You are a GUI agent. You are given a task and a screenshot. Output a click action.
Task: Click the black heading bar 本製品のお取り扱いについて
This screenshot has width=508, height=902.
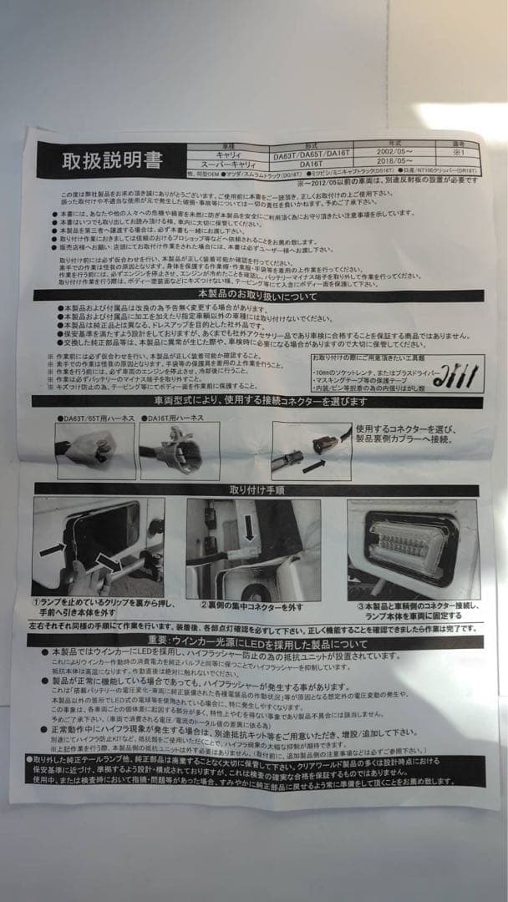257,296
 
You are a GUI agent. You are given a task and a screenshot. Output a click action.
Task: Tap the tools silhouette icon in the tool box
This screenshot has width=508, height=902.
455,376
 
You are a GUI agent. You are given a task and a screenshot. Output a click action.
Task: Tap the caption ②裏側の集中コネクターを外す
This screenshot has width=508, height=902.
251,607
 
